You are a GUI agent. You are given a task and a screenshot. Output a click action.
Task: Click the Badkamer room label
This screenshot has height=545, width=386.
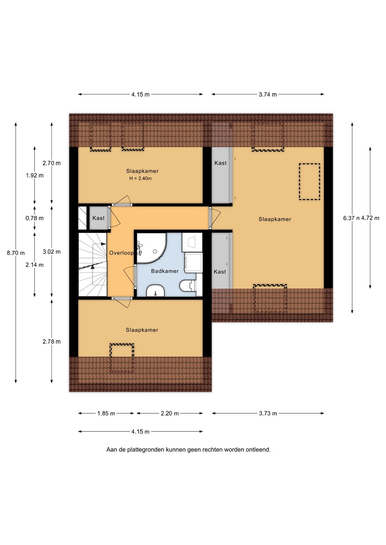tap(165, 271)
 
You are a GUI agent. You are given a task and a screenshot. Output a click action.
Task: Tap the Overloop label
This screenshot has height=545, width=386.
tap(121, 253)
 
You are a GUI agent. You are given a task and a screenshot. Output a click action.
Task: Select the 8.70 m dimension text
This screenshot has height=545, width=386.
tap(16, 253)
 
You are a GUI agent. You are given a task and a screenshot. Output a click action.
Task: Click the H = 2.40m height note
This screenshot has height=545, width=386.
tap(140, 178)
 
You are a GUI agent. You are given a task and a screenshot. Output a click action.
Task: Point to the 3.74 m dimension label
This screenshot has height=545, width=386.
tap(268, 94)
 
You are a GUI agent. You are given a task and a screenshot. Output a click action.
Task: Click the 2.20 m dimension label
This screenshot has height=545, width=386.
tap(169, 413)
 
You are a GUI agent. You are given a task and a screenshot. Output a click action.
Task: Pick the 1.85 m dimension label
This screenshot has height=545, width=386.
tap(106, 413)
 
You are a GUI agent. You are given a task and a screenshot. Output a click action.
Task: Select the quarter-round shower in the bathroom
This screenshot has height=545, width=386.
tap(151, 248)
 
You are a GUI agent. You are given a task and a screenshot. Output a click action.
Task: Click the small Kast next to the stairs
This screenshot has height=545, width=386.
tap(99, 218)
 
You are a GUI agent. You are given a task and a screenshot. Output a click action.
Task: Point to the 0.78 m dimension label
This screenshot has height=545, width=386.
tap(35, 218)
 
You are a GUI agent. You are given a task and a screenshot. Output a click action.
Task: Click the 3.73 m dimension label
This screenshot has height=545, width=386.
tap(268, 413)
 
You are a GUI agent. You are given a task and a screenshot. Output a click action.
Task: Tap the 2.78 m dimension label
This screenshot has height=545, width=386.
tap(52, 342)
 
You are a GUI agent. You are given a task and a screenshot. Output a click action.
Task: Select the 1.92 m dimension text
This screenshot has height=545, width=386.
tap(35, 175)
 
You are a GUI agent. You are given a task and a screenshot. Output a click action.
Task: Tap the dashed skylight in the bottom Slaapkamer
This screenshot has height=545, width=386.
tap(122, 358)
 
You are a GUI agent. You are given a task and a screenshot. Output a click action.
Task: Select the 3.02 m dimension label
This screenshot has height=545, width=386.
tap(52, 252)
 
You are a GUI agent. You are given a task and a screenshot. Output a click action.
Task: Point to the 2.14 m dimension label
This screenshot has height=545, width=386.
tap(35, 265)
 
